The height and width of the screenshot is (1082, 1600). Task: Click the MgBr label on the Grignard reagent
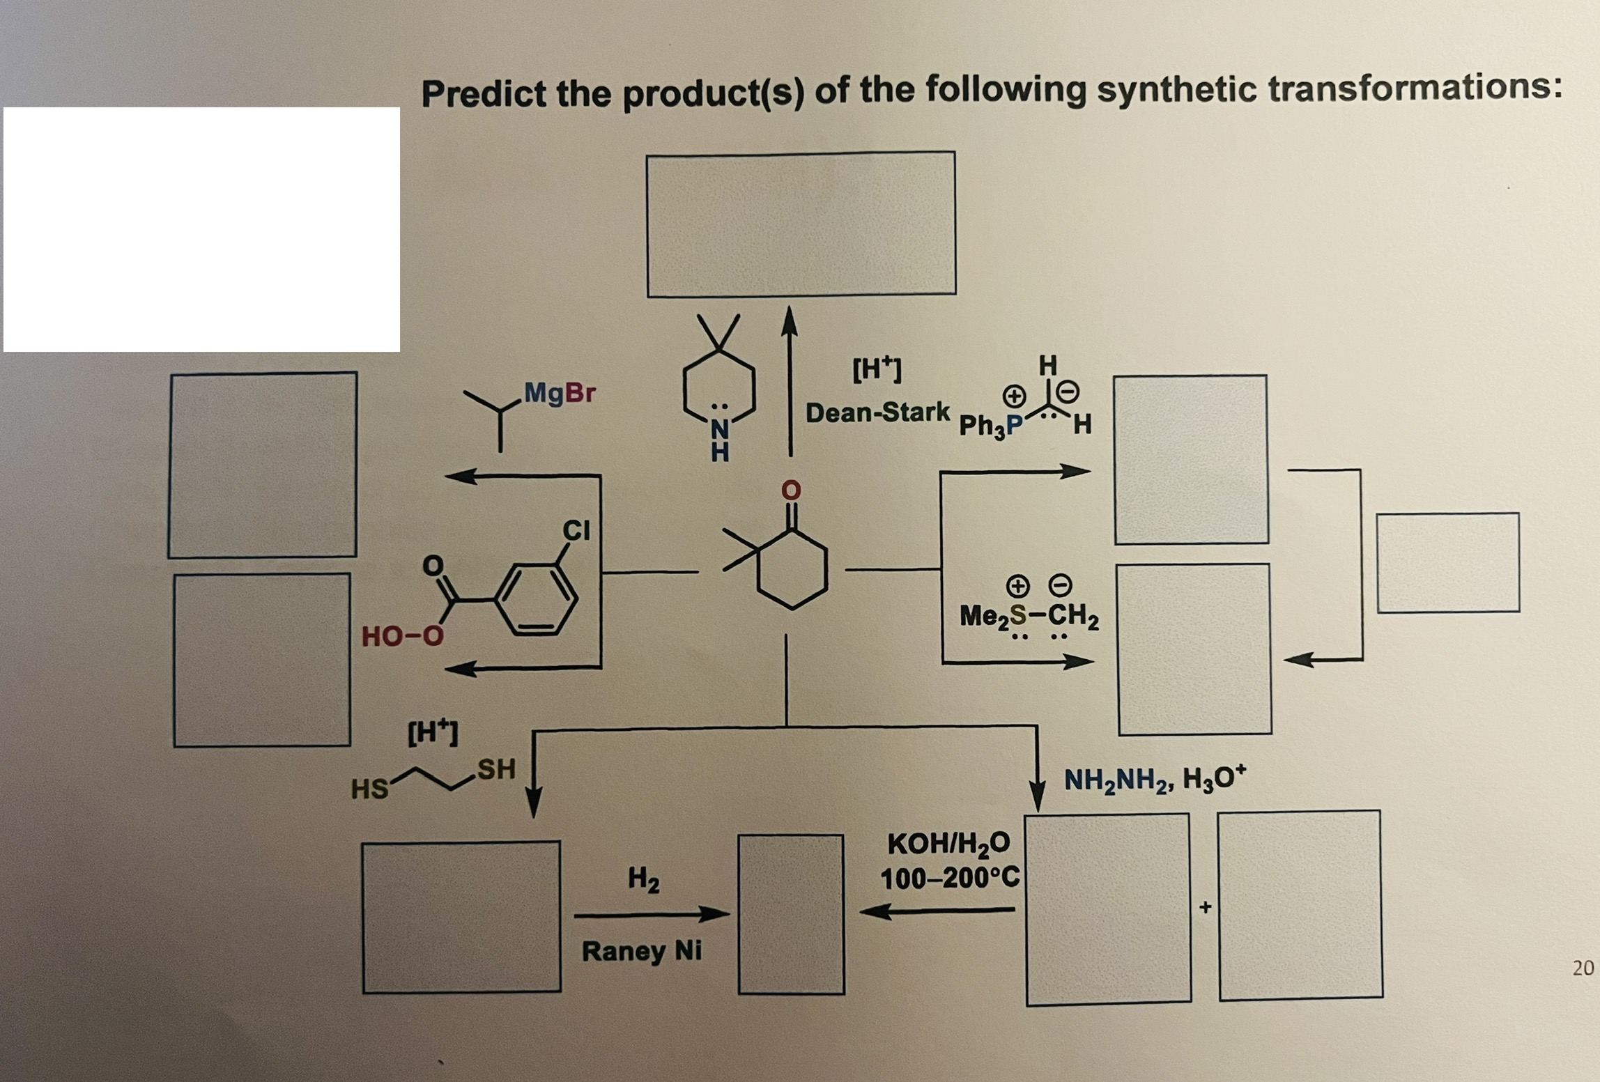click(560, 393)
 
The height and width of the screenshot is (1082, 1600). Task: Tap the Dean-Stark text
click(877, 412)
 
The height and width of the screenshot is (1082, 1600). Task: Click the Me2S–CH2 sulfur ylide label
click(1029, 615)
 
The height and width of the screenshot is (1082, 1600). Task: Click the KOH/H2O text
click(948, 844)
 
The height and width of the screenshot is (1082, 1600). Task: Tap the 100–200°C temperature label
click(949, 878)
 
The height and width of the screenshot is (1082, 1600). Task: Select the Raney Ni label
click(641, 950)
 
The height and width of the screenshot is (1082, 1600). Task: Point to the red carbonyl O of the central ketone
click(791, 490)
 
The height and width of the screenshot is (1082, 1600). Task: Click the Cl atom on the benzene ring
click(576, 530)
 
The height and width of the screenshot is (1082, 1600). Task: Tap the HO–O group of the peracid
click(402, 635)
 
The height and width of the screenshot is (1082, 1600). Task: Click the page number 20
click(1583, 968)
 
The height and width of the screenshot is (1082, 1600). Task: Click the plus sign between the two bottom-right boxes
click(1205, 907)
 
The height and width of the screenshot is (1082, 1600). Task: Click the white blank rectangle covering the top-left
click(201, 229)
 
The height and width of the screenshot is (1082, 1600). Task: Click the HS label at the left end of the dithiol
click(369, 789)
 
